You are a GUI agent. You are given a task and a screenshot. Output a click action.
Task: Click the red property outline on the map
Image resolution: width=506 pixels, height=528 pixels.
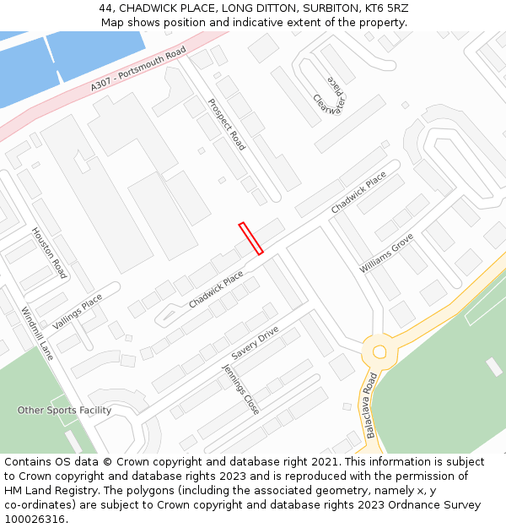[x=251, y=238]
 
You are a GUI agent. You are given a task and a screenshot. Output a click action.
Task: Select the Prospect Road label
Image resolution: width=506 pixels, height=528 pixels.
[x=227, y=125]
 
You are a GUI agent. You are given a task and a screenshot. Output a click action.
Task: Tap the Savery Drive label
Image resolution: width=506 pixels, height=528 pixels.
[x=255, y=344]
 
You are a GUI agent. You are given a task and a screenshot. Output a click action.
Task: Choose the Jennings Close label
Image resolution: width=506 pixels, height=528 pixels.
[x=240, y=389]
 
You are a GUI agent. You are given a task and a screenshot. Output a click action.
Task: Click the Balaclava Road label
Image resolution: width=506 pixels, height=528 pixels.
[x=369, y=406]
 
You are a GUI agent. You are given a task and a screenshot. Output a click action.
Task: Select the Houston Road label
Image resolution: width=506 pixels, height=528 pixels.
[x=49, y=253]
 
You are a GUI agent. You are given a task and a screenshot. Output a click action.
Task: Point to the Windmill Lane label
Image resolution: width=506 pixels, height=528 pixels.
[x=38, y=333]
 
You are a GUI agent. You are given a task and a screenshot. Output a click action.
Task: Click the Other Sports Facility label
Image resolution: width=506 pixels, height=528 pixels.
[x=64, y=411]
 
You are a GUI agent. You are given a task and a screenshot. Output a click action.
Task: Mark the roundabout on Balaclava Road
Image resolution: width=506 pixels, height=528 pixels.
[x=379, y=350]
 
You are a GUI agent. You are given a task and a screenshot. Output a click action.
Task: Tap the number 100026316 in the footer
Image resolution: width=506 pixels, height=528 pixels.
[x=35, y=520]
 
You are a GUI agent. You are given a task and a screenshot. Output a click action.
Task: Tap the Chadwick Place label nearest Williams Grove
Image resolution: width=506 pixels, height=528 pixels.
[x=358, y=193]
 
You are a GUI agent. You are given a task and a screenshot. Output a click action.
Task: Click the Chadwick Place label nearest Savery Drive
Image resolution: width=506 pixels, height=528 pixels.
[x=216, y=290]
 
